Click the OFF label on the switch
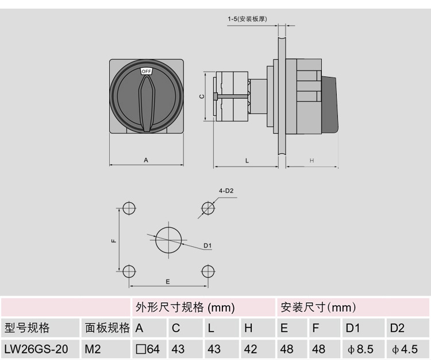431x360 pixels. (146, 71)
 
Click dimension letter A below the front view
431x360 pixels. (146, 160)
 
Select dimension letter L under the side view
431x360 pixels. (247, 161)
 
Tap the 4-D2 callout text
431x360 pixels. (226, 191)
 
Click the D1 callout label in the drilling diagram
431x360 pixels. (207, 246)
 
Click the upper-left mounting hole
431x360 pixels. (129, 207)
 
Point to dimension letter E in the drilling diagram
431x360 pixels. (167, 281)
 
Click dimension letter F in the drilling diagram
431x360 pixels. (114, 240)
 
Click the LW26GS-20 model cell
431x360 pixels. (36, 348)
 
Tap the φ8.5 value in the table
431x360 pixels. (360, 348)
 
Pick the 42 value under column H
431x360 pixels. (251, 348)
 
